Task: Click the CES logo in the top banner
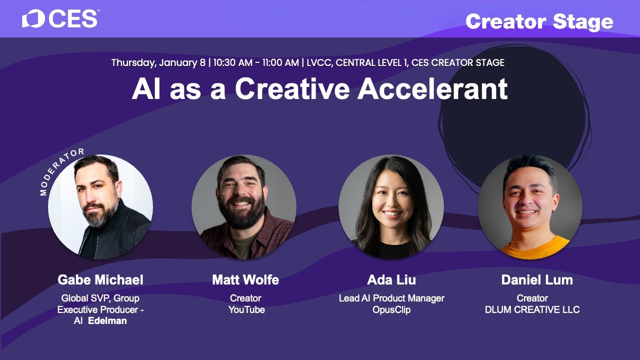[59, 19]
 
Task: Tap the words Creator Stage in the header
[539, 21]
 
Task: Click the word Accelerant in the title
[432, 89]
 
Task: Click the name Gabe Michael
[100, 280]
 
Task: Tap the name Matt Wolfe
[245, 280]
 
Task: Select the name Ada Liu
[391, 280]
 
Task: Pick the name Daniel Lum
[537, 280]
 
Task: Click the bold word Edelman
[107, 321]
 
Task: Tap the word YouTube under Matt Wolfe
[246, 309]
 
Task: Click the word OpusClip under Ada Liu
[391, 309]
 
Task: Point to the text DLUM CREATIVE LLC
[532, 309]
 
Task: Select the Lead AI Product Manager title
[391, 298]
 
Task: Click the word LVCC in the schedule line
[316, 63]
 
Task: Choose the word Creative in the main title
[293, 89]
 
